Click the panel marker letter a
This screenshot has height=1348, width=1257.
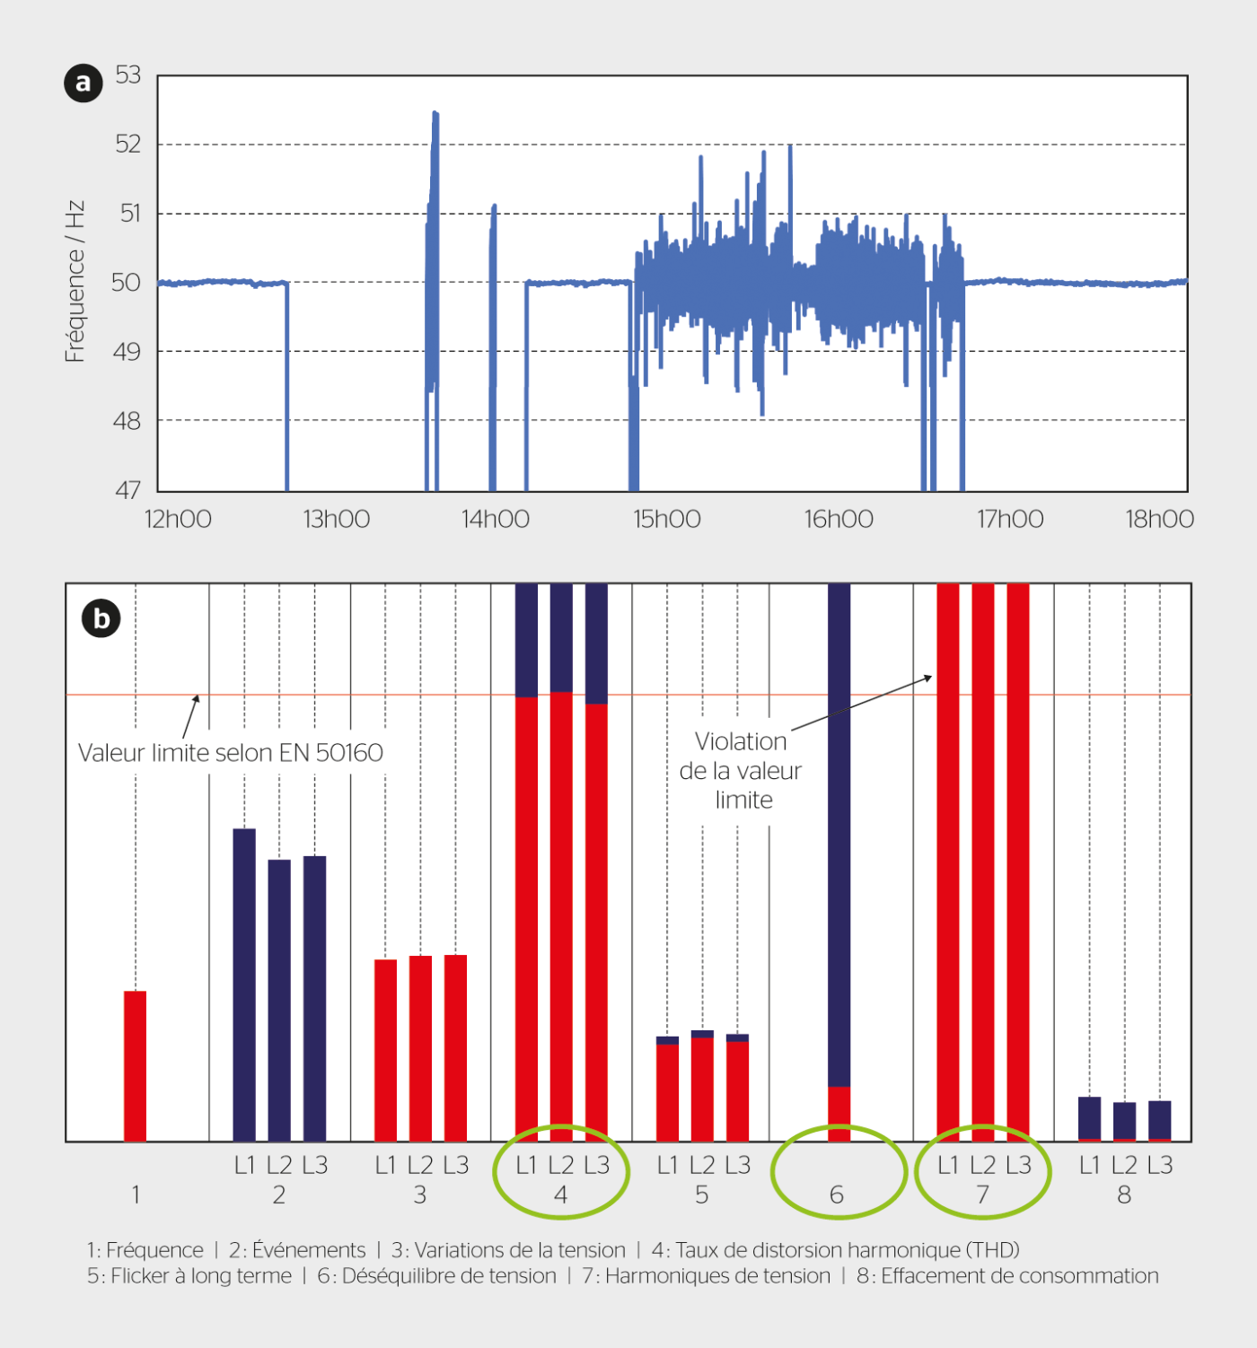[84, 83]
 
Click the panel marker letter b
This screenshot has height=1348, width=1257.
[101, 619]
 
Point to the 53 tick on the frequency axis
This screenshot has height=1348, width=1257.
[128, 75]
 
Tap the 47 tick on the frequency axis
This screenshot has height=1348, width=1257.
[128, 490]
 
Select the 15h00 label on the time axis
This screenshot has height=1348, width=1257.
[667, 520]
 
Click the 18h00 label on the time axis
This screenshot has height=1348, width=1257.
[1159, 520]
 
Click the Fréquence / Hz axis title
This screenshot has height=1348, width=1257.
[75, 282]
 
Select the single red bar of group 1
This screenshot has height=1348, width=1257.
[136, 1065]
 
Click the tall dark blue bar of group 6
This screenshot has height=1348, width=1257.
[839, 835]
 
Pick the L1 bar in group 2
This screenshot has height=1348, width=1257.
[244, 985]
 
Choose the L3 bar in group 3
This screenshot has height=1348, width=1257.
[455, 1047]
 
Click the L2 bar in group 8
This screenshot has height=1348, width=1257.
[1124, 1121]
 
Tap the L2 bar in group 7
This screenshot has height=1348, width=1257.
[983, 862]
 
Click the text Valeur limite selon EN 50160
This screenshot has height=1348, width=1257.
[231, 753]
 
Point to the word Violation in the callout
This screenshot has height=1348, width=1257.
[741, 742]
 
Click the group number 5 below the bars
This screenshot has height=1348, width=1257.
[701, 1195]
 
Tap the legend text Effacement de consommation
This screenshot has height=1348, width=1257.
[1019, 1276]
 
